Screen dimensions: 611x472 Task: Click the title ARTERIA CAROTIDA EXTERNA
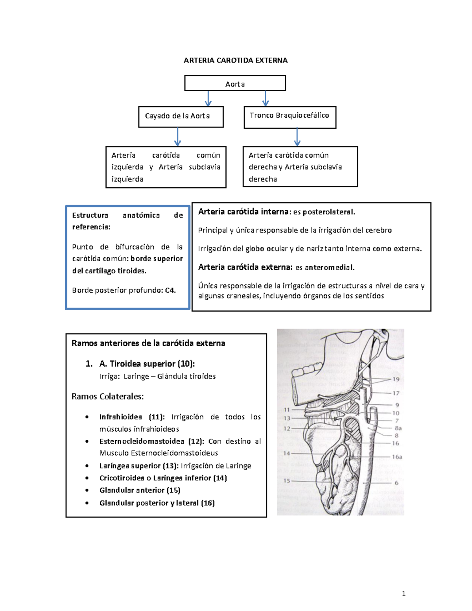click(236, 60)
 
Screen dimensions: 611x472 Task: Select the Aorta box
click(235, 83)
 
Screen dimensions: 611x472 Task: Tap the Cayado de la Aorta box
click(181, 116)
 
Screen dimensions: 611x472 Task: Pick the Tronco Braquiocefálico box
click(289, 117)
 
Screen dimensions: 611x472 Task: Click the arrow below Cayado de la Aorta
click(178, 137)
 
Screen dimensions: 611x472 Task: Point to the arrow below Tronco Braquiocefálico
click(297, 137)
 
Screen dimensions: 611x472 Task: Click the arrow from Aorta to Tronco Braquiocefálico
click(265, 98)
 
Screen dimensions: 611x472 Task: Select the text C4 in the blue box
click(170, 290)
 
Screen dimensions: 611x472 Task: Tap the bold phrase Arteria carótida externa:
click(245, 267)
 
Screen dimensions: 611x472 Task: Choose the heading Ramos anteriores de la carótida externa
click(148, 343)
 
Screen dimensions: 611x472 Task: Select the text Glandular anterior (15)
click(140, 490)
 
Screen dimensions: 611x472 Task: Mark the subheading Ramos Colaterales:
click(107, 397)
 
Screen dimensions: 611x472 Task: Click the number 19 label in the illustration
click(396, 379)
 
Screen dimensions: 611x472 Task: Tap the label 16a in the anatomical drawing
click(397, 457)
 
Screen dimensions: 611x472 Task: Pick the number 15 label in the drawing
click(286, 481)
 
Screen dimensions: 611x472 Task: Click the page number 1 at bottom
click(404, 594)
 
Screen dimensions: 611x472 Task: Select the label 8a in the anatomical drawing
click(398, 428)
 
